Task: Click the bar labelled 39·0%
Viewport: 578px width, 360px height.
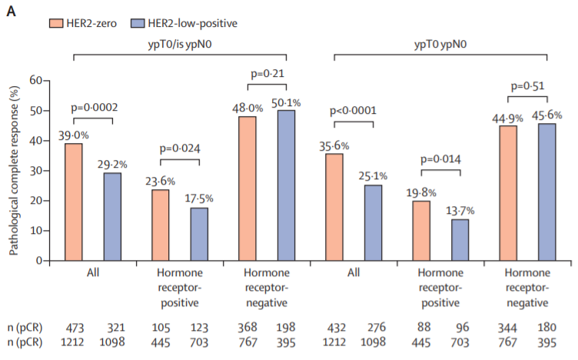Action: [74, 202]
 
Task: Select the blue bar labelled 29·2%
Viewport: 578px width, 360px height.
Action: [112, 216]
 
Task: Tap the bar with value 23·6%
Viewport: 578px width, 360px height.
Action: [160, 225]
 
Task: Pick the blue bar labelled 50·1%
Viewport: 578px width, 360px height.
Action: [286, 185]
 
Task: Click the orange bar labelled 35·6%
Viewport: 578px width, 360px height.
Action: [334, 207]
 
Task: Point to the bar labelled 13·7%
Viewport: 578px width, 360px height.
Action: [460, 239]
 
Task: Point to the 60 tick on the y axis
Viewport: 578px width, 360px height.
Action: [38, 80]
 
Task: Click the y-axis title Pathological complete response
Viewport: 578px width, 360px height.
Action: [14, 169]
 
